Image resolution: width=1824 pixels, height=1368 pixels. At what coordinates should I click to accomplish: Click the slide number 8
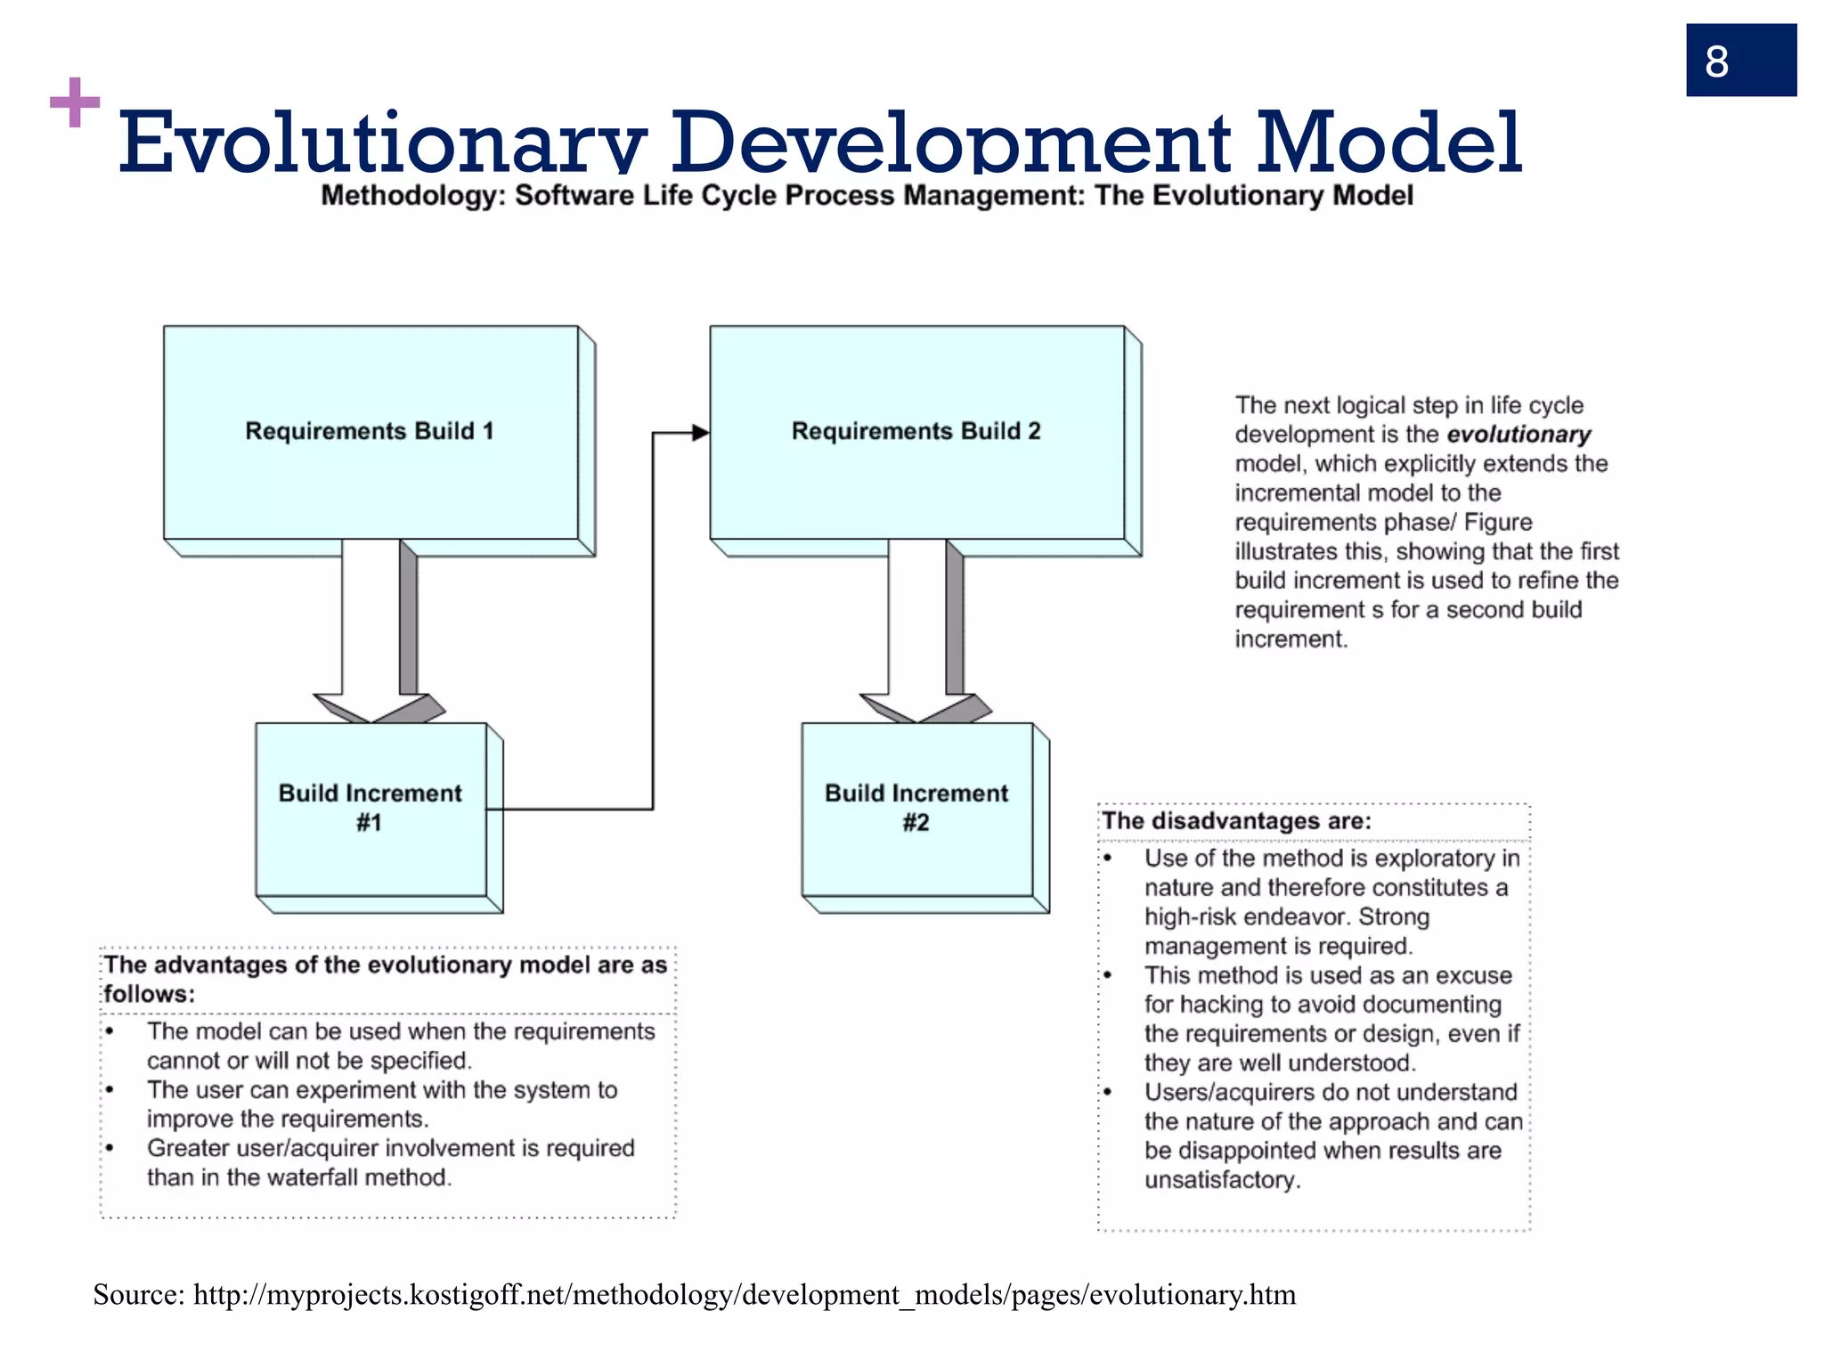[1716, 61]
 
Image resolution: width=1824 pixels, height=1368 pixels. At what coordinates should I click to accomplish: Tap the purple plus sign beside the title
[75, 102]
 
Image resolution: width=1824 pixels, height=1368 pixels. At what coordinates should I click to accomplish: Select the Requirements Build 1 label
[370, 431]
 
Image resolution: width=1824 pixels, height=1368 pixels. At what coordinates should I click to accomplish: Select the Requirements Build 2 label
[916, 431]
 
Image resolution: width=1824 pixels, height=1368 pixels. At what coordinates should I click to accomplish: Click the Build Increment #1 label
[370, 807]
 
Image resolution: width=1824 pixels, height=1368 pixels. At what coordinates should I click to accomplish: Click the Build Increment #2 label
[916, 807]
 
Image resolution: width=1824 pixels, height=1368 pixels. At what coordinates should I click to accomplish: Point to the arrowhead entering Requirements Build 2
[700, 433]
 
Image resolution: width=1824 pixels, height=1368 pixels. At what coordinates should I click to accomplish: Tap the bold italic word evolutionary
[1519, 435]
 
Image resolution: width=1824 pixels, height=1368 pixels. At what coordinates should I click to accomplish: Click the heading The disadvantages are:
[1236, 821]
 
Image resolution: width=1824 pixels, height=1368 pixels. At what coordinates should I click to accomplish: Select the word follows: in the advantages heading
[149, 994]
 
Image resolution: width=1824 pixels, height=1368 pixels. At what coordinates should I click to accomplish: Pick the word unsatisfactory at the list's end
[1221, 1180]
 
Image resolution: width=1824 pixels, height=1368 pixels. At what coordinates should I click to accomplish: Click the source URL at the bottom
[744, 1295]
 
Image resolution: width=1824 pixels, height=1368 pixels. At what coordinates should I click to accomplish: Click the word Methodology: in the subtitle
[413, 196]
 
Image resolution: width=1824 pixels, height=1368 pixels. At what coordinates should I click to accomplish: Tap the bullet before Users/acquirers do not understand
[1108, 1092]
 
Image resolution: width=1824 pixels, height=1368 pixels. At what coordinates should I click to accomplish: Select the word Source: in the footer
[139, 1295]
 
